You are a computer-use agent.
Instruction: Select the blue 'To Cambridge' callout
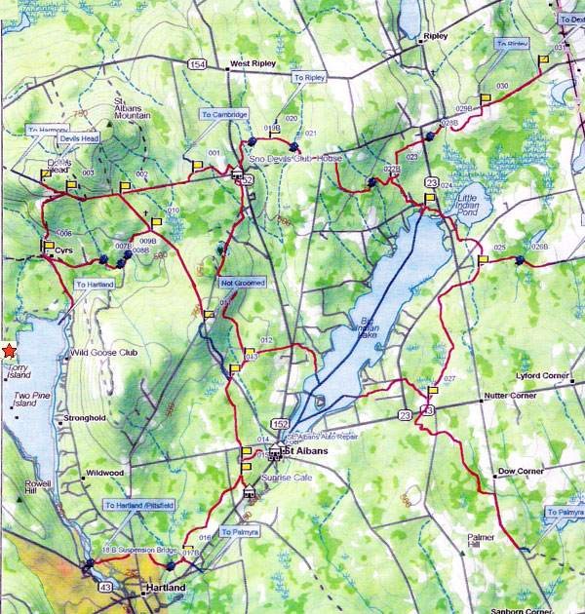tap(224, 114)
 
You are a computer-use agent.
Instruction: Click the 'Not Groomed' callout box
tap(243, 283)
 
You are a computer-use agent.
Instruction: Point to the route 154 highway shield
tap(198, 63)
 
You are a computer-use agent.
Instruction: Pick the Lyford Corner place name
tap(541, 374)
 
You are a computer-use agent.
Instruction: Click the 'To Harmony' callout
tap(48, 130)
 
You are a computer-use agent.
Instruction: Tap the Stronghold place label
tap(84, 418)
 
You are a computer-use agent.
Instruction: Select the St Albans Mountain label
tap(134, 108)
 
